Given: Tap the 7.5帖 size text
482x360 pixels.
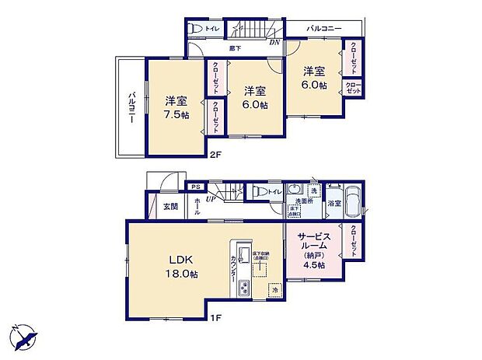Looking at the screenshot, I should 175,114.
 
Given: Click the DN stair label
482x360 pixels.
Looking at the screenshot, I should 274,42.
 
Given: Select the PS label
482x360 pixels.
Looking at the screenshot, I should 197,187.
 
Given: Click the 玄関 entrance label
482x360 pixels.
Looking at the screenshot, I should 170,207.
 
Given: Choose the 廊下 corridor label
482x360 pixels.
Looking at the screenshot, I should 234,48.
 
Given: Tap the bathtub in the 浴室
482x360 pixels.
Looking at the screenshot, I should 352,204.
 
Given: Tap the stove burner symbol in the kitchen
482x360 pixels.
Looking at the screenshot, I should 243,286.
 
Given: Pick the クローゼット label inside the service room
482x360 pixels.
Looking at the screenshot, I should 353,242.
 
